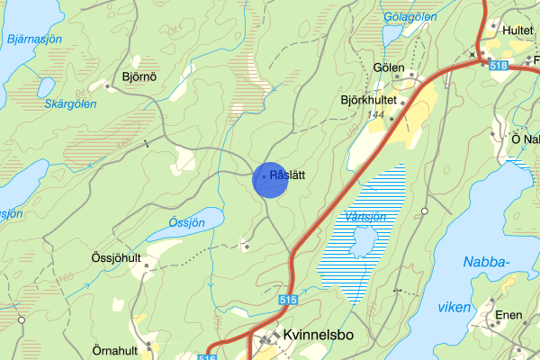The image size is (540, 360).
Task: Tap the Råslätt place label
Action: [288, 176]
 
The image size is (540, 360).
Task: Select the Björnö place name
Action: [140, 77]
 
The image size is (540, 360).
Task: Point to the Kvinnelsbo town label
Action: [318, 335]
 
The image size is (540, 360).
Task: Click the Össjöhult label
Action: [116, 258]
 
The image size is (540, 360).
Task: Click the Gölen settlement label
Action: [388, 67]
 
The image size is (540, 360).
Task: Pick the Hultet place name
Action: [518, 30]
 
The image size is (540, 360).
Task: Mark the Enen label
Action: [508, 317]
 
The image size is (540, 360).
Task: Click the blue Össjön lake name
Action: [184, 221]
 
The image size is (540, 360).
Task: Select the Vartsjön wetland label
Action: [364, 217]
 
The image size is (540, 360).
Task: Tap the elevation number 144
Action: [377, 115]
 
